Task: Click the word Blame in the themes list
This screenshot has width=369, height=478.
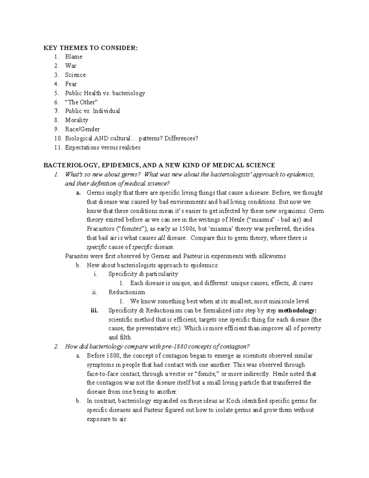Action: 73,57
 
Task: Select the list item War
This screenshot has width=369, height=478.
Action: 71,66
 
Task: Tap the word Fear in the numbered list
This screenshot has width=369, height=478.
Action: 71,84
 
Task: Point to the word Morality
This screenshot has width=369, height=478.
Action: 77,120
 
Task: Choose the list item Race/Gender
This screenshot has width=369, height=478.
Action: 82,129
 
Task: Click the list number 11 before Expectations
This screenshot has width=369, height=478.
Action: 57,147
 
